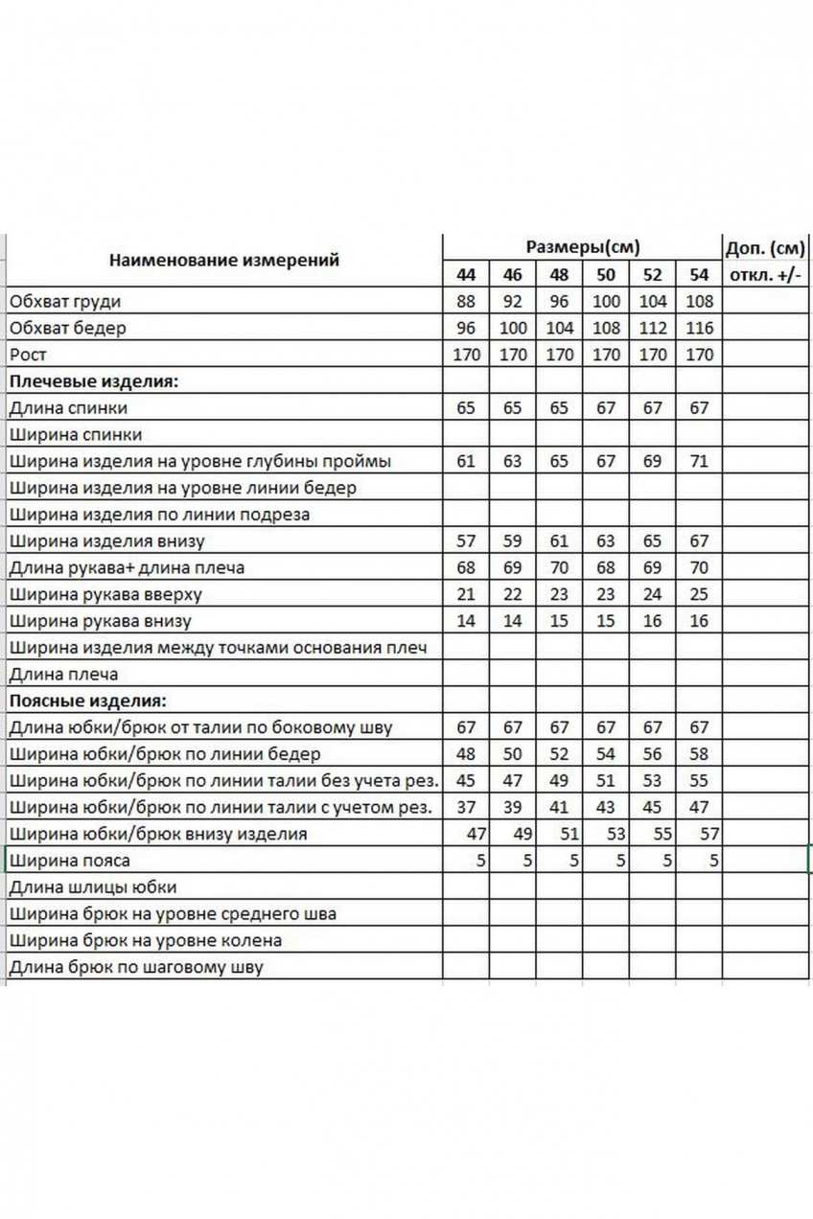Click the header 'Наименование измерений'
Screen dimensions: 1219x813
tap(223, 260)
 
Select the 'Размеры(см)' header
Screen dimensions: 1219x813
tap(582, 247)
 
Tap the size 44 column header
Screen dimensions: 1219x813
tap(466, 275)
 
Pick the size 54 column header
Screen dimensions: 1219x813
tap(699, 275)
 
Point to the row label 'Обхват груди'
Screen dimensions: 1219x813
tap(65, 302)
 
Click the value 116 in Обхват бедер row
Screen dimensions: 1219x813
tap(699, 328)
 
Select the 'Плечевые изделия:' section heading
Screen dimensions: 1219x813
tap(94, 381)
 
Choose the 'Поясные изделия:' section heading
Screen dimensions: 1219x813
tap(88, 701)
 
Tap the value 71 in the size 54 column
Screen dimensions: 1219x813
tap(699, 461)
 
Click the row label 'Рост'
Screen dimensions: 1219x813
tap(28, 355)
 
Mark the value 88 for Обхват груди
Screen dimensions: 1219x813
tap(466, 302)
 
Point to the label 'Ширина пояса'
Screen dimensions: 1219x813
tap(69, 861)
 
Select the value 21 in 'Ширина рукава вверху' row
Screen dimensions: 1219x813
tap(466, 594)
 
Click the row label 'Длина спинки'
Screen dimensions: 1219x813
tap(68, 408)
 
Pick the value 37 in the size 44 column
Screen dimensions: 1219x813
tap(466, 807)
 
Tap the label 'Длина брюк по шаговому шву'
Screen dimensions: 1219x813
tap(135, 967)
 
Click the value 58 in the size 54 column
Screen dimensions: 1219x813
tap(699, 754)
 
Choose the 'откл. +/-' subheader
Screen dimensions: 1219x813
tap(764, 276)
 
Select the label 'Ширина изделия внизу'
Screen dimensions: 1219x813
tap(106, 541)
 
